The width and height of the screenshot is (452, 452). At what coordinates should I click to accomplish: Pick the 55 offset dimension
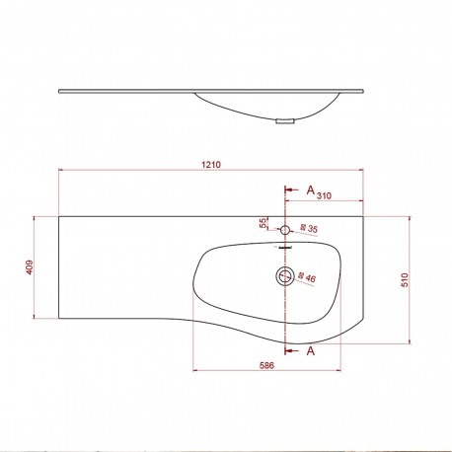264,224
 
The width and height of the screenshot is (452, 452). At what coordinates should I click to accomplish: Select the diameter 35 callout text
309,230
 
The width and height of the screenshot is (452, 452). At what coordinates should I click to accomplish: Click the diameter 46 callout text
307,279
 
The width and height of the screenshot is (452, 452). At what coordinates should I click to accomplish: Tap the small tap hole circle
285,229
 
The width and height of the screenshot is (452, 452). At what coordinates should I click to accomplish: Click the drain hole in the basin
285,275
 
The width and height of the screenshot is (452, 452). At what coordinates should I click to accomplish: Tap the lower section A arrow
292,349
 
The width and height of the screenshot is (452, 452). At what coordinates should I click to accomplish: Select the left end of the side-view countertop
61,92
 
